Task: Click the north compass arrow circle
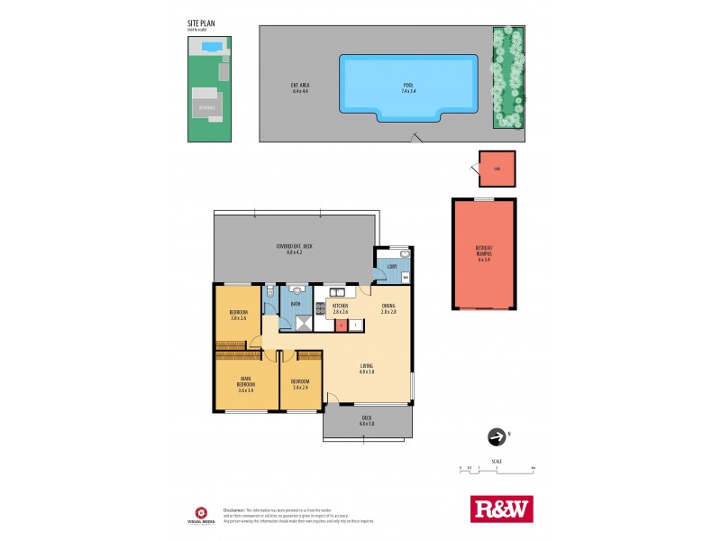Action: (496, 437)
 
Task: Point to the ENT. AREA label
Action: (300, 88)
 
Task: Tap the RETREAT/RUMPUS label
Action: (483, 253)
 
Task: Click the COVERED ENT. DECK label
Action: (294, 249)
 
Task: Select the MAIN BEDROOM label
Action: (246, 384)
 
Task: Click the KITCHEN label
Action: (340, 308)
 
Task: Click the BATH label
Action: (295, 305)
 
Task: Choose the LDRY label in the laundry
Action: (392, 267)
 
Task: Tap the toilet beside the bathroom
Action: (270, 292)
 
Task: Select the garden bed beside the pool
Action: (508, 77)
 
